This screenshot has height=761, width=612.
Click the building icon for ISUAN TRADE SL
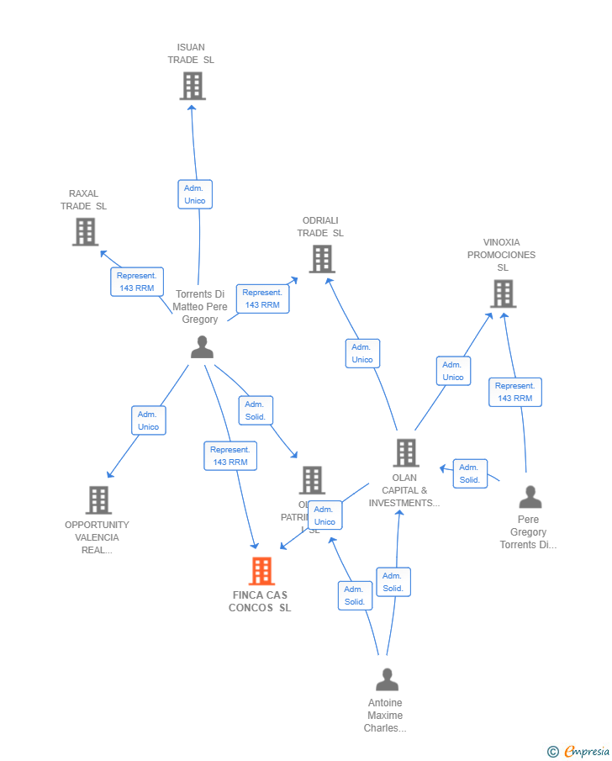(193, 86)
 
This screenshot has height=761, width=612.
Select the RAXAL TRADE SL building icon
(85, 231)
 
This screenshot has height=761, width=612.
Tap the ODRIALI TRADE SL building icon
(321, 258)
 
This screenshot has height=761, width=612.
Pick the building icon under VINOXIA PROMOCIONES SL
(503, 293)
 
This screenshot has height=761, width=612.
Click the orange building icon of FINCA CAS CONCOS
(261, 571)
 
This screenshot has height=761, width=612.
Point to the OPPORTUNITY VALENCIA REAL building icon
(98, 499)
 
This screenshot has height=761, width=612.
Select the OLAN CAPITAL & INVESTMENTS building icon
(405, 452)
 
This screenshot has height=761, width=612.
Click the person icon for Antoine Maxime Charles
(387, 679)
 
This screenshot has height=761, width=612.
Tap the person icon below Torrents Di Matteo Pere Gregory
(202, 346)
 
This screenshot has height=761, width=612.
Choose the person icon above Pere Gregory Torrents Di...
(530, 497)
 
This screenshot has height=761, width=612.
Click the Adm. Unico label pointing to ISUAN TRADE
(195, 194)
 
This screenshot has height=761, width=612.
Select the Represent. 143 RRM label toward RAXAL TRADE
(137, 282)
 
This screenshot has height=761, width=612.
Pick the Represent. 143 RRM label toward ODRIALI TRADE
(263, 299)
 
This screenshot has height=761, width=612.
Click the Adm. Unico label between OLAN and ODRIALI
(362, 353)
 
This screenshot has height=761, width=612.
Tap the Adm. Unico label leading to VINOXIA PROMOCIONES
(453, 371)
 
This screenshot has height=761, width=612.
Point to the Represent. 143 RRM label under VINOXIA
(514, 392)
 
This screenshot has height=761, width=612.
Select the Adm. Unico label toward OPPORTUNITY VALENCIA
(148, 420)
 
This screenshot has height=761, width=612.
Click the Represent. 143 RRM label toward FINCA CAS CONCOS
(230, 456)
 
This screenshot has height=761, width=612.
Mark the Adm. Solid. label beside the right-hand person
(469, 473)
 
